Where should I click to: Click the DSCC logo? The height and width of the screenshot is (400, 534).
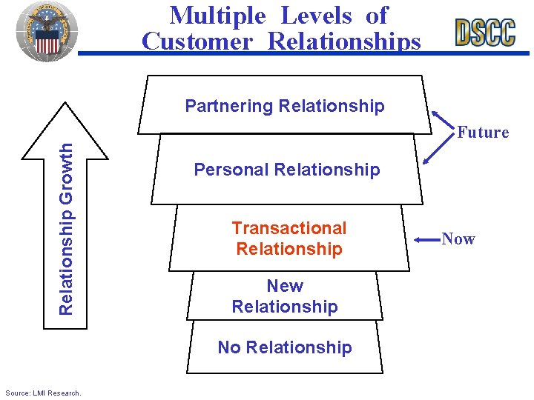tap(486, 32)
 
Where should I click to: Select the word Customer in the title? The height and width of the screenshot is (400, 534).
tap(197, 41)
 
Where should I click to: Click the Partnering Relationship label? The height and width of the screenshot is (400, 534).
tap(285, 106)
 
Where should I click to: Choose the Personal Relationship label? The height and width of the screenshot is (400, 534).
tap(286, 170)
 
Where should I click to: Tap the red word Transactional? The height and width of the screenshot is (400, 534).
tap(289, 228)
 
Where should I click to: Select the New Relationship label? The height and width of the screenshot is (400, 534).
tap(285, 296)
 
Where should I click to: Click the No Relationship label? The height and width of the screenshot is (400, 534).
tap(285, 347)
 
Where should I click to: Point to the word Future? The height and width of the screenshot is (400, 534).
tap(483, 133)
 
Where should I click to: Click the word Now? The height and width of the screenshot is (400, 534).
tap(458, 239)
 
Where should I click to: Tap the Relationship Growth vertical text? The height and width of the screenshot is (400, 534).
tap(66, 228)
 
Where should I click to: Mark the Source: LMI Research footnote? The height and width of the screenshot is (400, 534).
tap(43, 392)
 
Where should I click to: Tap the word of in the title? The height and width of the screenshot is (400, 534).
tap(376, 15)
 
